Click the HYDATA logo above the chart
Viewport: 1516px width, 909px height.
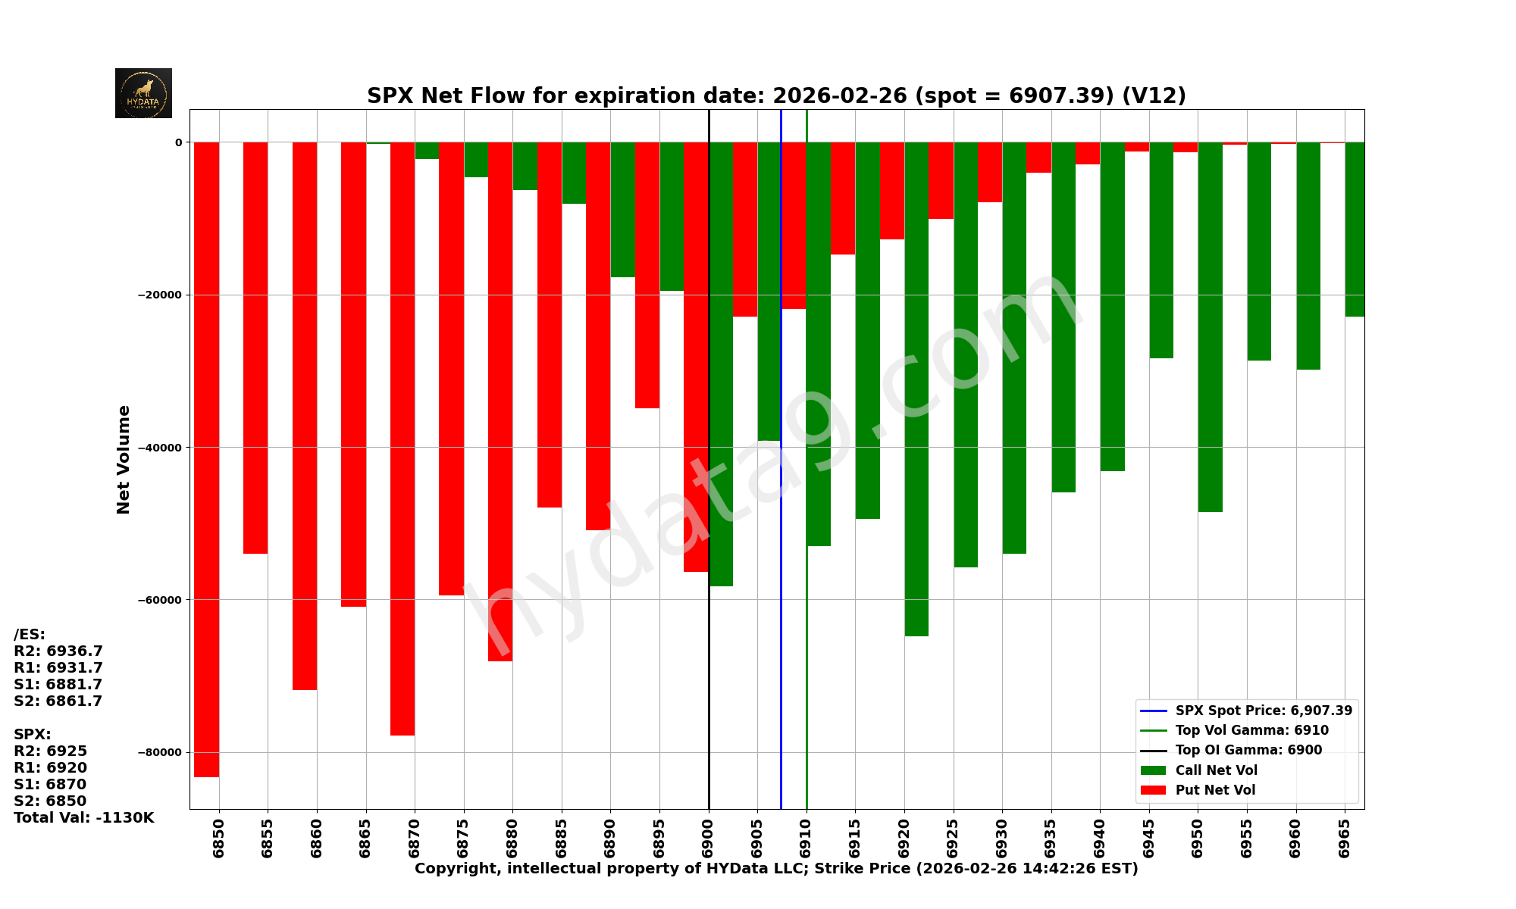point(143,93)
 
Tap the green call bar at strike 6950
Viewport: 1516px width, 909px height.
point(1210,326)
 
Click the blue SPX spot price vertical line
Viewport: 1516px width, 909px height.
point(781,606)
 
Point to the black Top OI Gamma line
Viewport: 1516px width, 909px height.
point(709,682)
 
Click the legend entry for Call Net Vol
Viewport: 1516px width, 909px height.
point(1216,770)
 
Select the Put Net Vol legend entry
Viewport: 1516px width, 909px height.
point(1215,790)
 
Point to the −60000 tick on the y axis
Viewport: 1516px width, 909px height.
point(159,600)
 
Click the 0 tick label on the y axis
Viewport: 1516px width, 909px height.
point(178,142)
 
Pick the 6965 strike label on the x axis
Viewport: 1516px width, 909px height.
point(1345,838)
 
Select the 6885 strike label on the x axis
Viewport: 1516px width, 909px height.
point(562,838)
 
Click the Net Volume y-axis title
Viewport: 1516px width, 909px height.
point(124,459)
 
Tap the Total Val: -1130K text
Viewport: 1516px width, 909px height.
point(83,818)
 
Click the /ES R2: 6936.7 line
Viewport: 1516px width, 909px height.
point(58,651)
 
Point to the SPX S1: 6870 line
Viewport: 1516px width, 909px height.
point(50,785)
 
